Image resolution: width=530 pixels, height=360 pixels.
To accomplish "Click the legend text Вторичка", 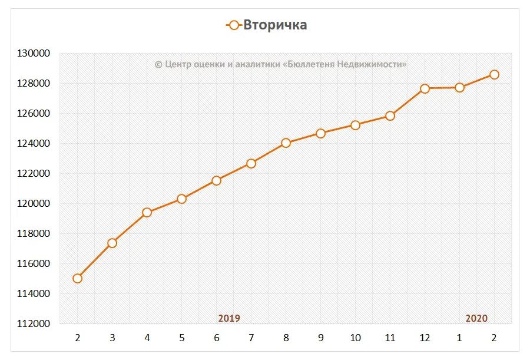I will pos(275,25).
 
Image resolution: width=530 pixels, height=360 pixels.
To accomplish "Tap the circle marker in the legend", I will pos(234,25).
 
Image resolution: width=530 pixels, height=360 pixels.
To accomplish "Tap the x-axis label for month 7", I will pos(251,338).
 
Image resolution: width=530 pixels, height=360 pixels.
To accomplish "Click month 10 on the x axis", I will pos(355,338).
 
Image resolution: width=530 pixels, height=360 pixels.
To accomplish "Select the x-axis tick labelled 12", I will pos(425,338).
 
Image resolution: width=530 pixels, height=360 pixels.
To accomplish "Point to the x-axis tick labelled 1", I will pos(459,338).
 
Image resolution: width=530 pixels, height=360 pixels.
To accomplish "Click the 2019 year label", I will pos(229,318).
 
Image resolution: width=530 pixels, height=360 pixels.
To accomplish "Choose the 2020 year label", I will pos(476,318).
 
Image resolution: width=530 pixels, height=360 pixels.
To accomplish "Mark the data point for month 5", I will pos(181,199).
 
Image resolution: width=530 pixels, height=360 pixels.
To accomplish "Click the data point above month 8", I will pos(286,143).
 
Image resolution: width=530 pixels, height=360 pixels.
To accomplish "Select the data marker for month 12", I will pos(425,88).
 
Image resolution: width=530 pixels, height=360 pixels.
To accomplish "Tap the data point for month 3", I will pos(112,243).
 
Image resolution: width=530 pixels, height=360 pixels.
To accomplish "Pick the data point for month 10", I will pos(355,125).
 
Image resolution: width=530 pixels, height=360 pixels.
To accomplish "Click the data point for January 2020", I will pos(459,87).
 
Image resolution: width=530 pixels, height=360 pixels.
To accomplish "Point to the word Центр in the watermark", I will pos(178,64).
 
